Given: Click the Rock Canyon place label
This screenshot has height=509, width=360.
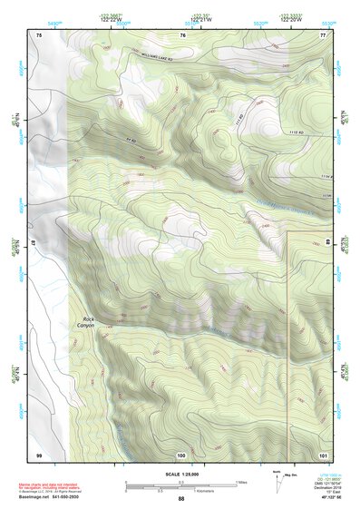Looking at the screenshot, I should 87,322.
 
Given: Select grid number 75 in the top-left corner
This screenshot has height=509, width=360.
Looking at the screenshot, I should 39,34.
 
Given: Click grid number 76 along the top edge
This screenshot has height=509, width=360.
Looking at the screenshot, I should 182,34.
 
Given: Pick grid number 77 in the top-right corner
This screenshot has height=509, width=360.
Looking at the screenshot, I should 322,34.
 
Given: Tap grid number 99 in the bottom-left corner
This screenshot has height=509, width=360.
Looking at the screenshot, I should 39,454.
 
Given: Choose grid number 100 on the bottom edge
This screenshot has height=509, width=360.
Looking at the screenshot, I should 181,454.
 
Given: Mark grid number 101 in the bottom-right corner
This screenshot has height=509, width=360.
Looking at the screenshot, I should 322,454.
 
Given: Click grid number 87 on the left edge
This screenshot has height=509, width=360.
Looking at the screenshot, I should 35,243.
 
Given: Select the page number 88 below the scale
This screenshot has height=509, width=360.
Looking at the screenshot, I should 180,499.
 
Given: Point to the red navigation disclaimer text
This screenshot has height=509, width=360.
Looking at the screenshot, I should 50,486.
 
